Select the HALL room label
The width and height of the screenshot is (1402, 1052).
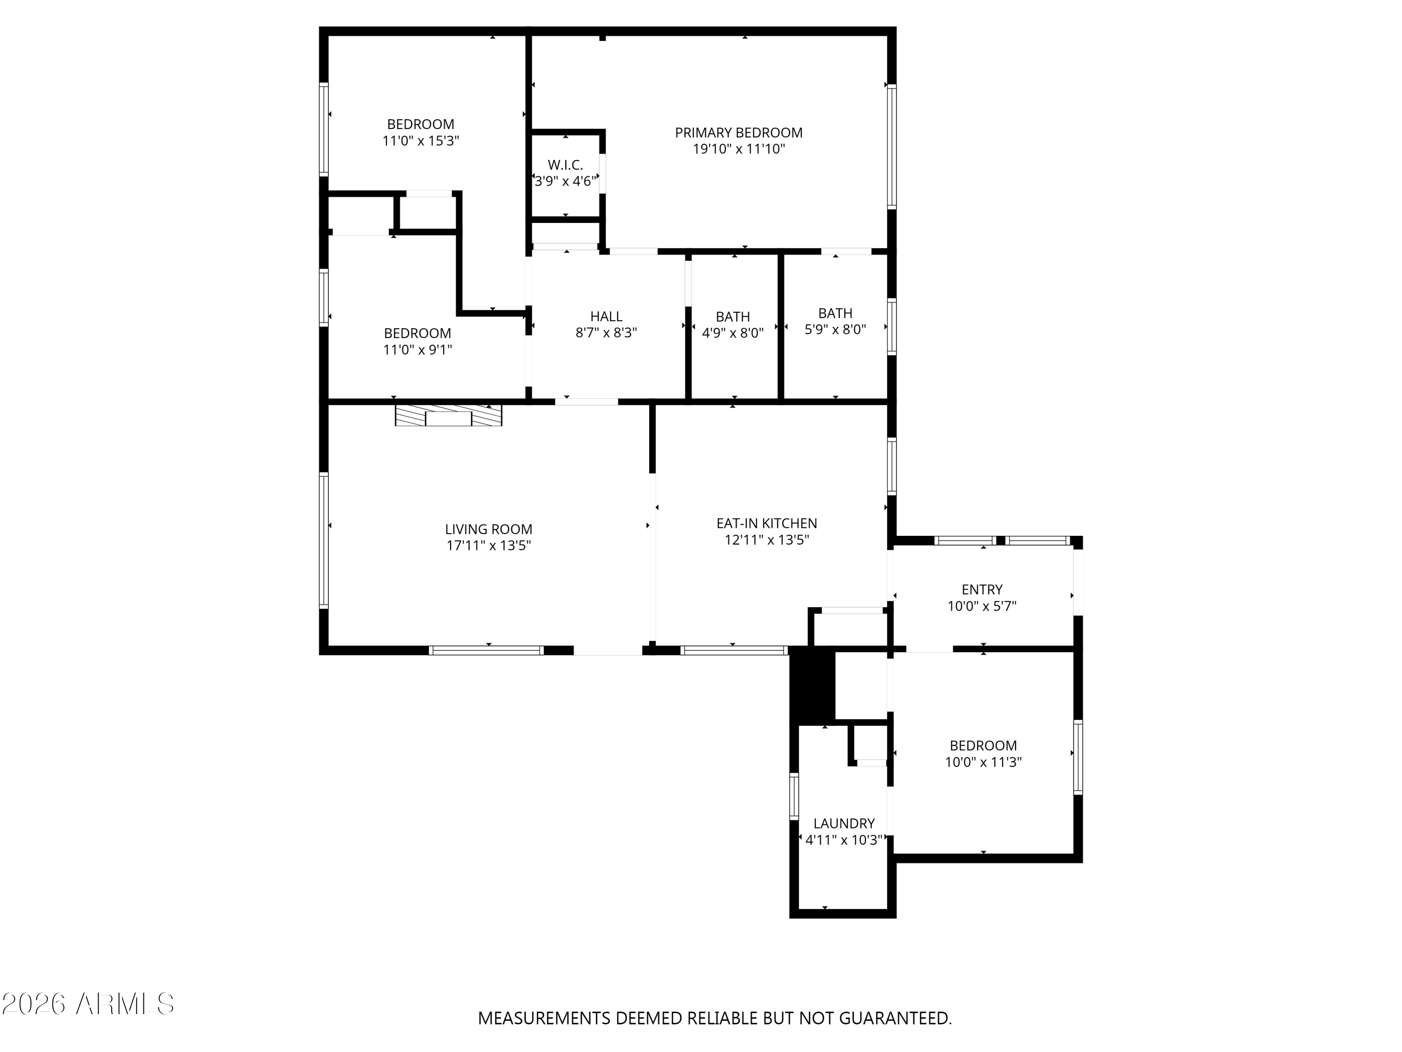click(607, 317)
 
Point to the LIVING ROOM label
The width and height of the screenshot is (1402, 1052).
click(489, 529)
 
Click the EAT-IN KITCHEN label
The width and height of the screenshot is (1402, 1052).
click(767, 524)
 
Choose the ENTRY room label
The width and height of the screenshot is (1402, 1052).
click(982, 590)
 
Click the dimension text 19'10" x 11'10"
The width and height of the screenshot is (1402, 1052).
click(739, 149)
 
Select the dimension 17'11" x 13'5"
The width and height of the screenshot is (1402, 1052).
click(489, 545)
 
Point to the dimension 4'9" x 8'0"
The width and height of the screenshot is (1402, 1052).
click(733, 333)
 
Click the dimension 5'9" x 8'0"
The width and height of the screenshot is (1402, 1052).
click(836, 329)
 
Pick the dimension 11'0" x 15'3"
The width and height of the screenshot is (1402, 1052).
click(421, 141)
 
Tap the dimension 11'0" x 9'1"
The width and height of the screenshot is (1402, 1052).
click(418, 349)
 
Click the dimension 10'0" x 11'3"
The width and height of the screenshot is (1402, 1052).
click(984, 762)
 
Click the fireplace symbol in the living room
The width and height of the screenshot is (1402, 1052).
click(449, 415)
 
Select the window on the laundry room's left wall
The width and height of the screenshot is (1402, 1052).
click(794, 796)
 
